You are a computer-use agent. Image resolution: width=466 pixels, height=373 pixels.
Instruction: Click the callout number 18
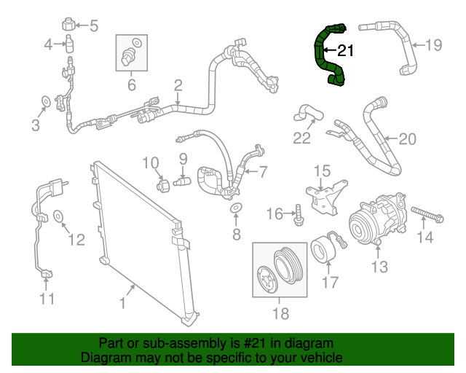point(280,313)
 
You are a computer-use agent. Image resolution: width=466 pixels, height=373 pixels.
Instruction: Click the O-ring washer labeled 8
point(236,211)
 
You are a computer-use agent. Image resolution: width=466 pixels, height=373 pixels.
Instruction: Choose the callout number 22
point(301,138)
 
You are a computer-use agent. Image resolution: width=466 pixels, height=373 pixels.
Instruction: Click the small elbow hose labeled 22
point(306,112)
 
